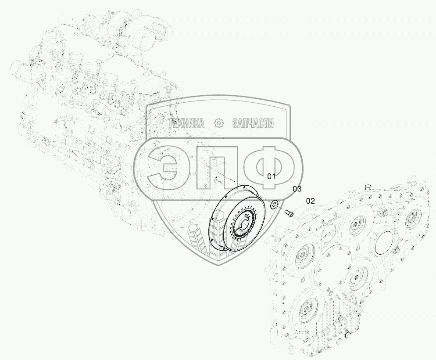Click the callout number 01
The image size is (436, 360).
[x=271, y=176]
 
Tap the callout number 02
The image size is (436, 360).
[x=310, y=201]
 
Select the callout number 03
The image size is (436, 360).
[x=297, y=189]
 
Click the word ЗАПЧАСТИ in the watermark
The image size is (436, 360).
[x=253, y=123]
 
